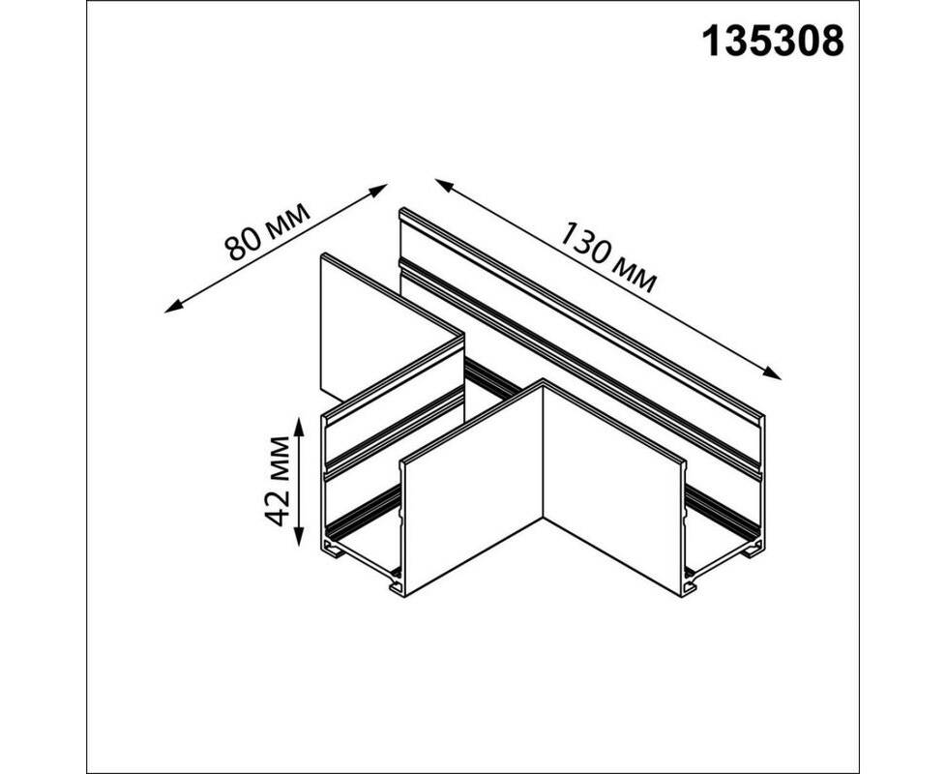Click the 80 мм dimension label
pos(267,231)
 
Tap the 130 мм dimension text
pos(606,257)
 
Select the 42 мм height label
pos(279,481)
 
